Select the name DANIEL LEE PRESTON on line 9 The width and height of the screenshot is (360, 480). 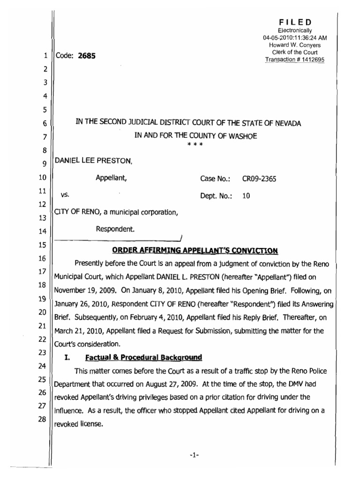click(x=94, y=161)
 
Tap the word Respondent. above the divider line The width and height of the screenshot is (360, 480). click(x=115, y=229)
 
